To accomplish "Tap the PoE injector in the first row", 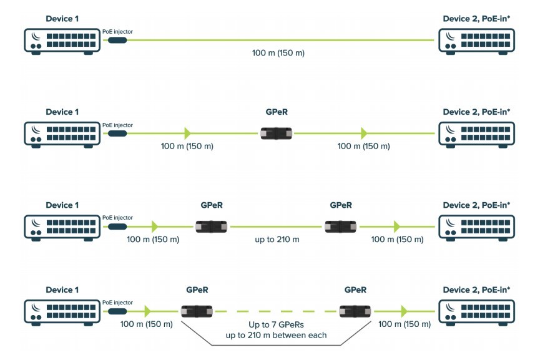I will (x=117, y=41).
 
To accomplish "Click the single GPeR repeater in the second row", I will (x=277, y=133).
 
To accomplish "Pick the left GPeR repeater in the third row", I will (x=211, y=226).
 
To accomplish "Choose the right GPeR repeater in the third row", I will (x=340, y=226).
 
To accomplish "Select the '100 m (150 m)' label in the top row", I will (x=278, y=54).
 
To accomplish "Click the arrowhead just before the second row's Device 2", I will (x=364, y=133).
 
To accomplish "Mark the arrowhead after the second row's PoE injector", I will (x=186, y=133).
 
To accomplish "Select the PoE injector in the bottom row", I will (x=117, y=310).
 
